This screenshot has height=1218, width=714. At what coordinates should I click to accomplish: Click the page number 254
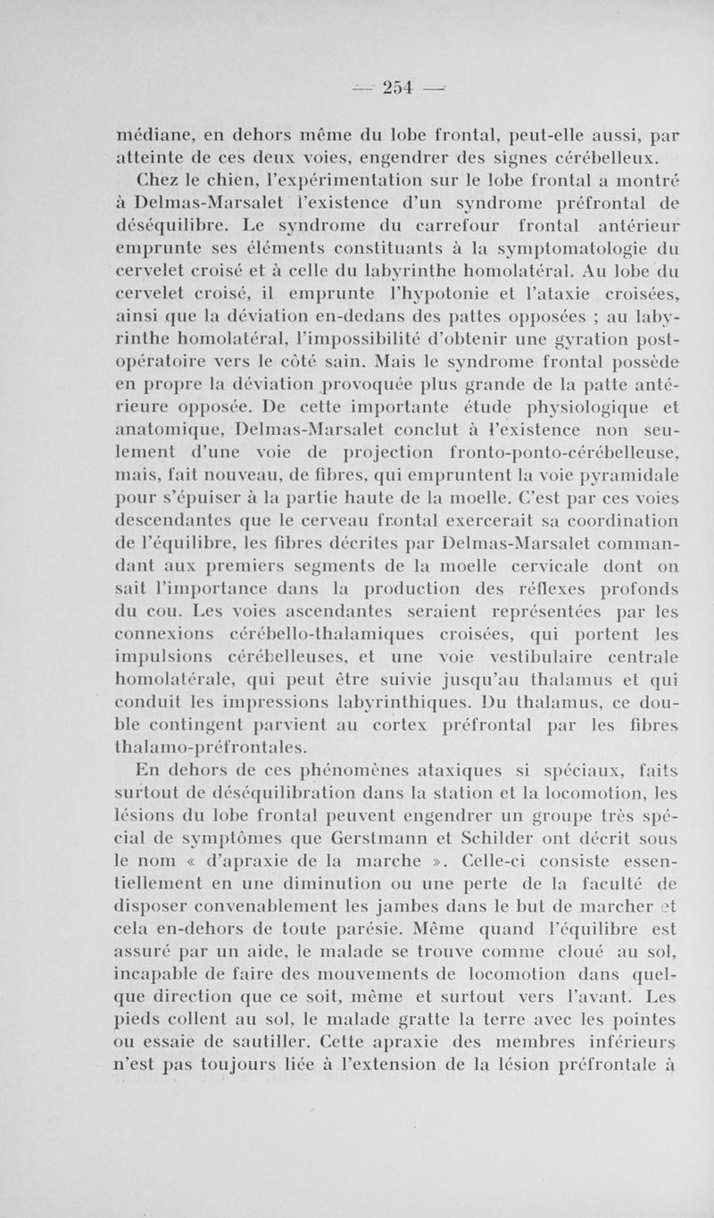point(396,86)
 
